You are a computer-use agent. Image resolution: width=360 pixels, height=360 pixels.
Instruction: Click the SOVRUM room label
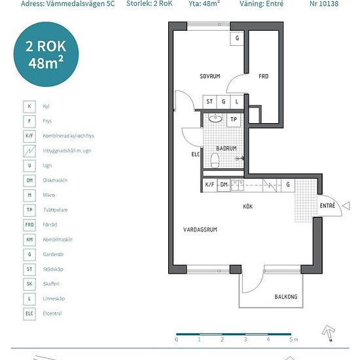[x=210, y=76]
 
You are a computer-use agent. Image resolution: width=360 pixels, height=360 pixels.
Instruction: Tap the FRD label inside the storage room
[x=263, y=76]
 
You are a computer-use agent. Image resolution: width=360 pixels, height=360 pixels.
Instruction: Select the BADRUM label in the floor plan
[x=226, y=149]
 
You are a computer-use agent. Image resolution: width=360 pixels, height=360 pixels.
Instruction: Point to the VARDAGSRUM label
[x=200, y=230]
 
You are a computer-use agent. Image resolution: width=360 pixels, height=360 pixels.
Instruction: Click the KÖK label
[x=247, y=206]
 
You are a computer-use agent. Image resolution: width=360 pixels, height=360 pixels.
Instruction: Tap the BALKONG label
[x=286, y=297]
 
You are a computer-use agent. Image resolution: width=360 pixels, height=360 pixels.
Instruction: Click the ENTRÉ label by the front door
[x=327, y=206]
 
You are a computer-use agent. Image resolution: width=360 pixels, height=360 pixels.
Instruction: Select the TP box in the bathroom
[x=234, y=119]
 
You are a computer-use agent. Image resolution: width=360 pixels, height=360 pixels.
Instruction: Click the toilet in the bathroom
[x=215, y=160]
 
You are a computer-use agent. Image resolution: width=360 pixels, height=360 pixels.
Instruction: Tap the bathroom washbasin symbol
[x=215, y=118]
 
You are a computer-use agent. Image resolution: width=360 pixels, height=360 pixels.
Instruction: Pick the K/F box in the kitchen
[x=210, y=185]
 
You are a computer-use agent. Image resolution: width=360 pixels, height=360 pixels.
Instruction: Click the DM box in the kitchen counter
[x=224, y=185]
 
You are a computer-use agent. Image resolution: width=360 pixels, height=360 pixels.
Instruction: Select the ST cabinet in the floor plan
[x=209, y=101]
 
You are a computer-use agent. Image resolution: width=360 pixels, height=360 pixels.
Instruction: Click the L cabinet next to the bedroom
[x=237, y=101]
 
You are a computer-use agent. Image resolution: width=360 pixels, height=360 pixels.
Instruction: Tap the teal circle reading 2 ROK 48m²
[x=46, y=54]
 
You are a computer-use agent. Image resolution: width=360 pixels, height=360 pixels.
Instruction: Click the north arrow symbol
[x=329, y=332]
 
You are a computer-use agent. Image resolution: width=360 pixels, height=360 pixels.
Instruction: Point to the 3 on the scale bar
[x=245, y=339]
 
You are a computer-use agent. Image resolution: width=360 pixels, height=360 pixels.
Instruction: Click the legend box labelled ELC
[x=29, y=314]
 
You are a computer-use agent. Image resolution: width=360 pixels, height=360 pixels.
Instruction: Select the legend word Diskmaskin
[x=55, y=180]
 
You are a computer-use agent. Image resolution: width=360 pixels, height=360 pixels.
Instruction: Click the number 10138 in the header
[x=328, y=4]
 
